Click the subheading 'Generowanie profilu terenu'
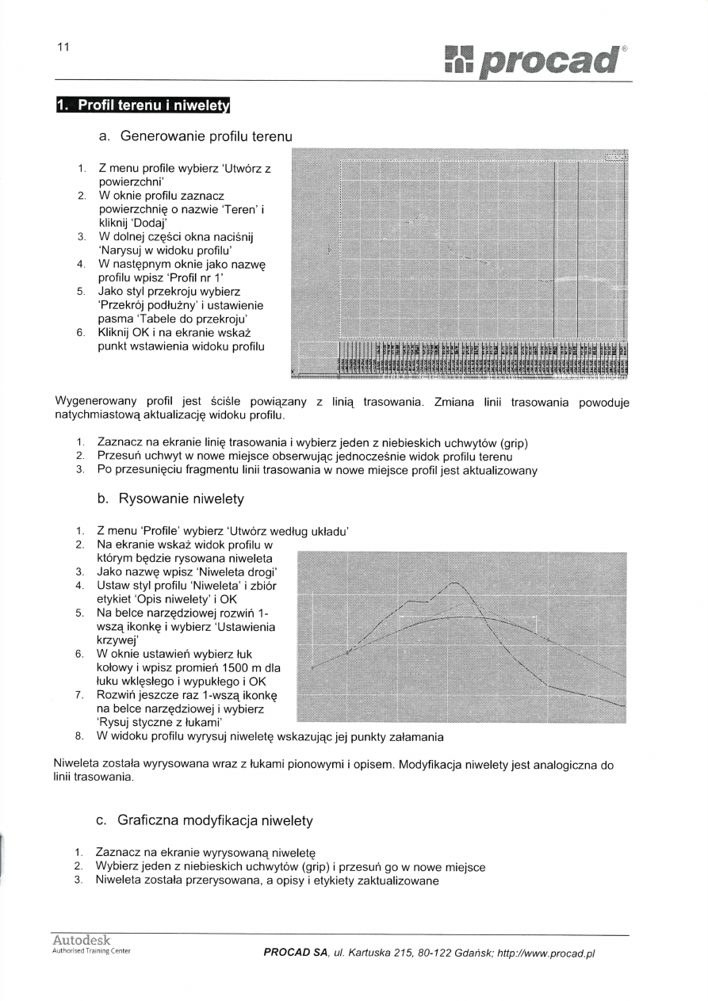(206, 136)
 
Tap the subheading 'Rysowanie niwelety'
(181, 499)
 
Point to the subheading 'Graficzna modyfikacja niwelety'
(214, 820)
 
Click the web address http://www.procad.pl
(545, 953)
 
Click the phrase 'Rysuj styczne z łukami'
(159, 723)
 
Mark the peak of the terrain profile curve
(455, 584)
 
